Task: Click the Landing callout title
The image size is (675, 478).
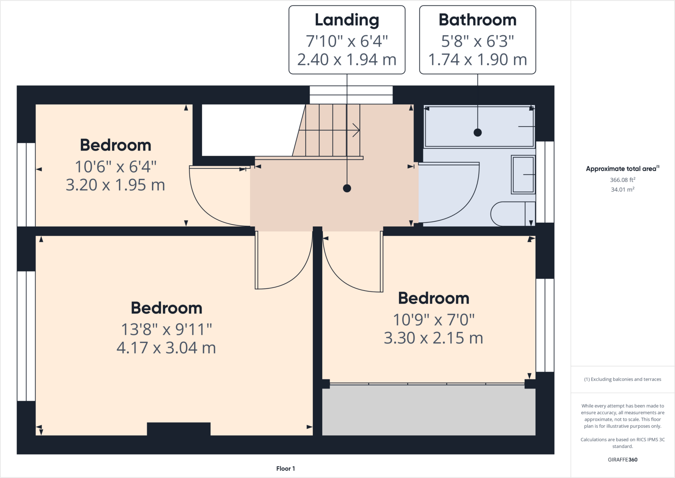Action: tap(347, 20)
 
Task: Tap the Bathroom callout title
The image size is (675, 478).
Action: tap(477, 20)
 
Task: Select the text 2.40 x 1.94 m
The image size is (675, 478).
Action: tap(347, 60)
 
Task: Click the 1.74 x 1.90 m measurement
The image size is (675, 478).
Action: tap(477, 60)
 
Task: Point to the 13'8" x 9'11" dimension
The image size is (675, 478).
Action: tap(166, 329)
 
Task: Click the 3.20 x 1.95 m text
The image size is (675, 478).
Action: tap(115, 185)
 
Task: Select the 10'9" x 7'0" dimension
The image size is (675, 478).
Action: tap(433, 320)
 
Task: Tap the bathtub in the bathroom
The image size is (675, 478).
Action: tap(479, 126)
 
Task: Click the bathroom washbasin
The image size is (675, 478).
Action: tap(523, 175)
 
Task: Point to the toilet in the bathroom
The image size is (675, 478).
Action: tap(511, 214)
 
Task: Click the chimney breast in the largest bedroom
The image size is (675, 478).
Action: tap(179, 429)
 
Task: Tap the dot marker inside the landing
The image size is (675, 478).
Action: tap(347, 188)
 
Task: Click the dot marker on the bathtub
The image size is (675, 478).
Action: tap(478, 133)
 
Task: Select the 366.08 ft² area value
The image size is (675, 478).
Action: tap(622, 180)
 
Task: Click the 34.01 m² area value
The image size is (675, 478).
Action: tap(622, 190)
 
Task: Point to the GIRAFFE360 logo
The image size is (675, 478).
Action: tap(622, 460)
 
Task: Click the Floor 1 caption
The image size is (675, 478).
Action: tap(285, 468)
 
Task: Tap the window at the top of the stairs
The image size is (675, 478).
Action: tap(351, 95)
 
